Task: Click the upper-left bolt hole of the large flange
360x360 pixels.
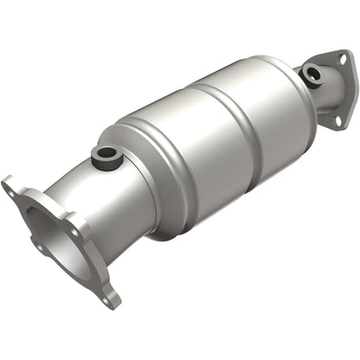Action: pyautogui.click(x=10, y=185)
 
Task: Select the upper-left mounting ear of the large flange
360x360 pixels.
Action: pyautogui.click(x=12, y=187)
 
